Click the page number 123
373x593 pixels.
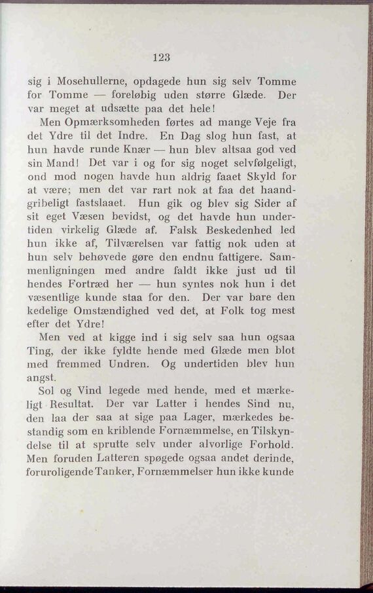point(161,57)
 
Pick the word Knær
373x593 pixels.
point(138,152)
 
